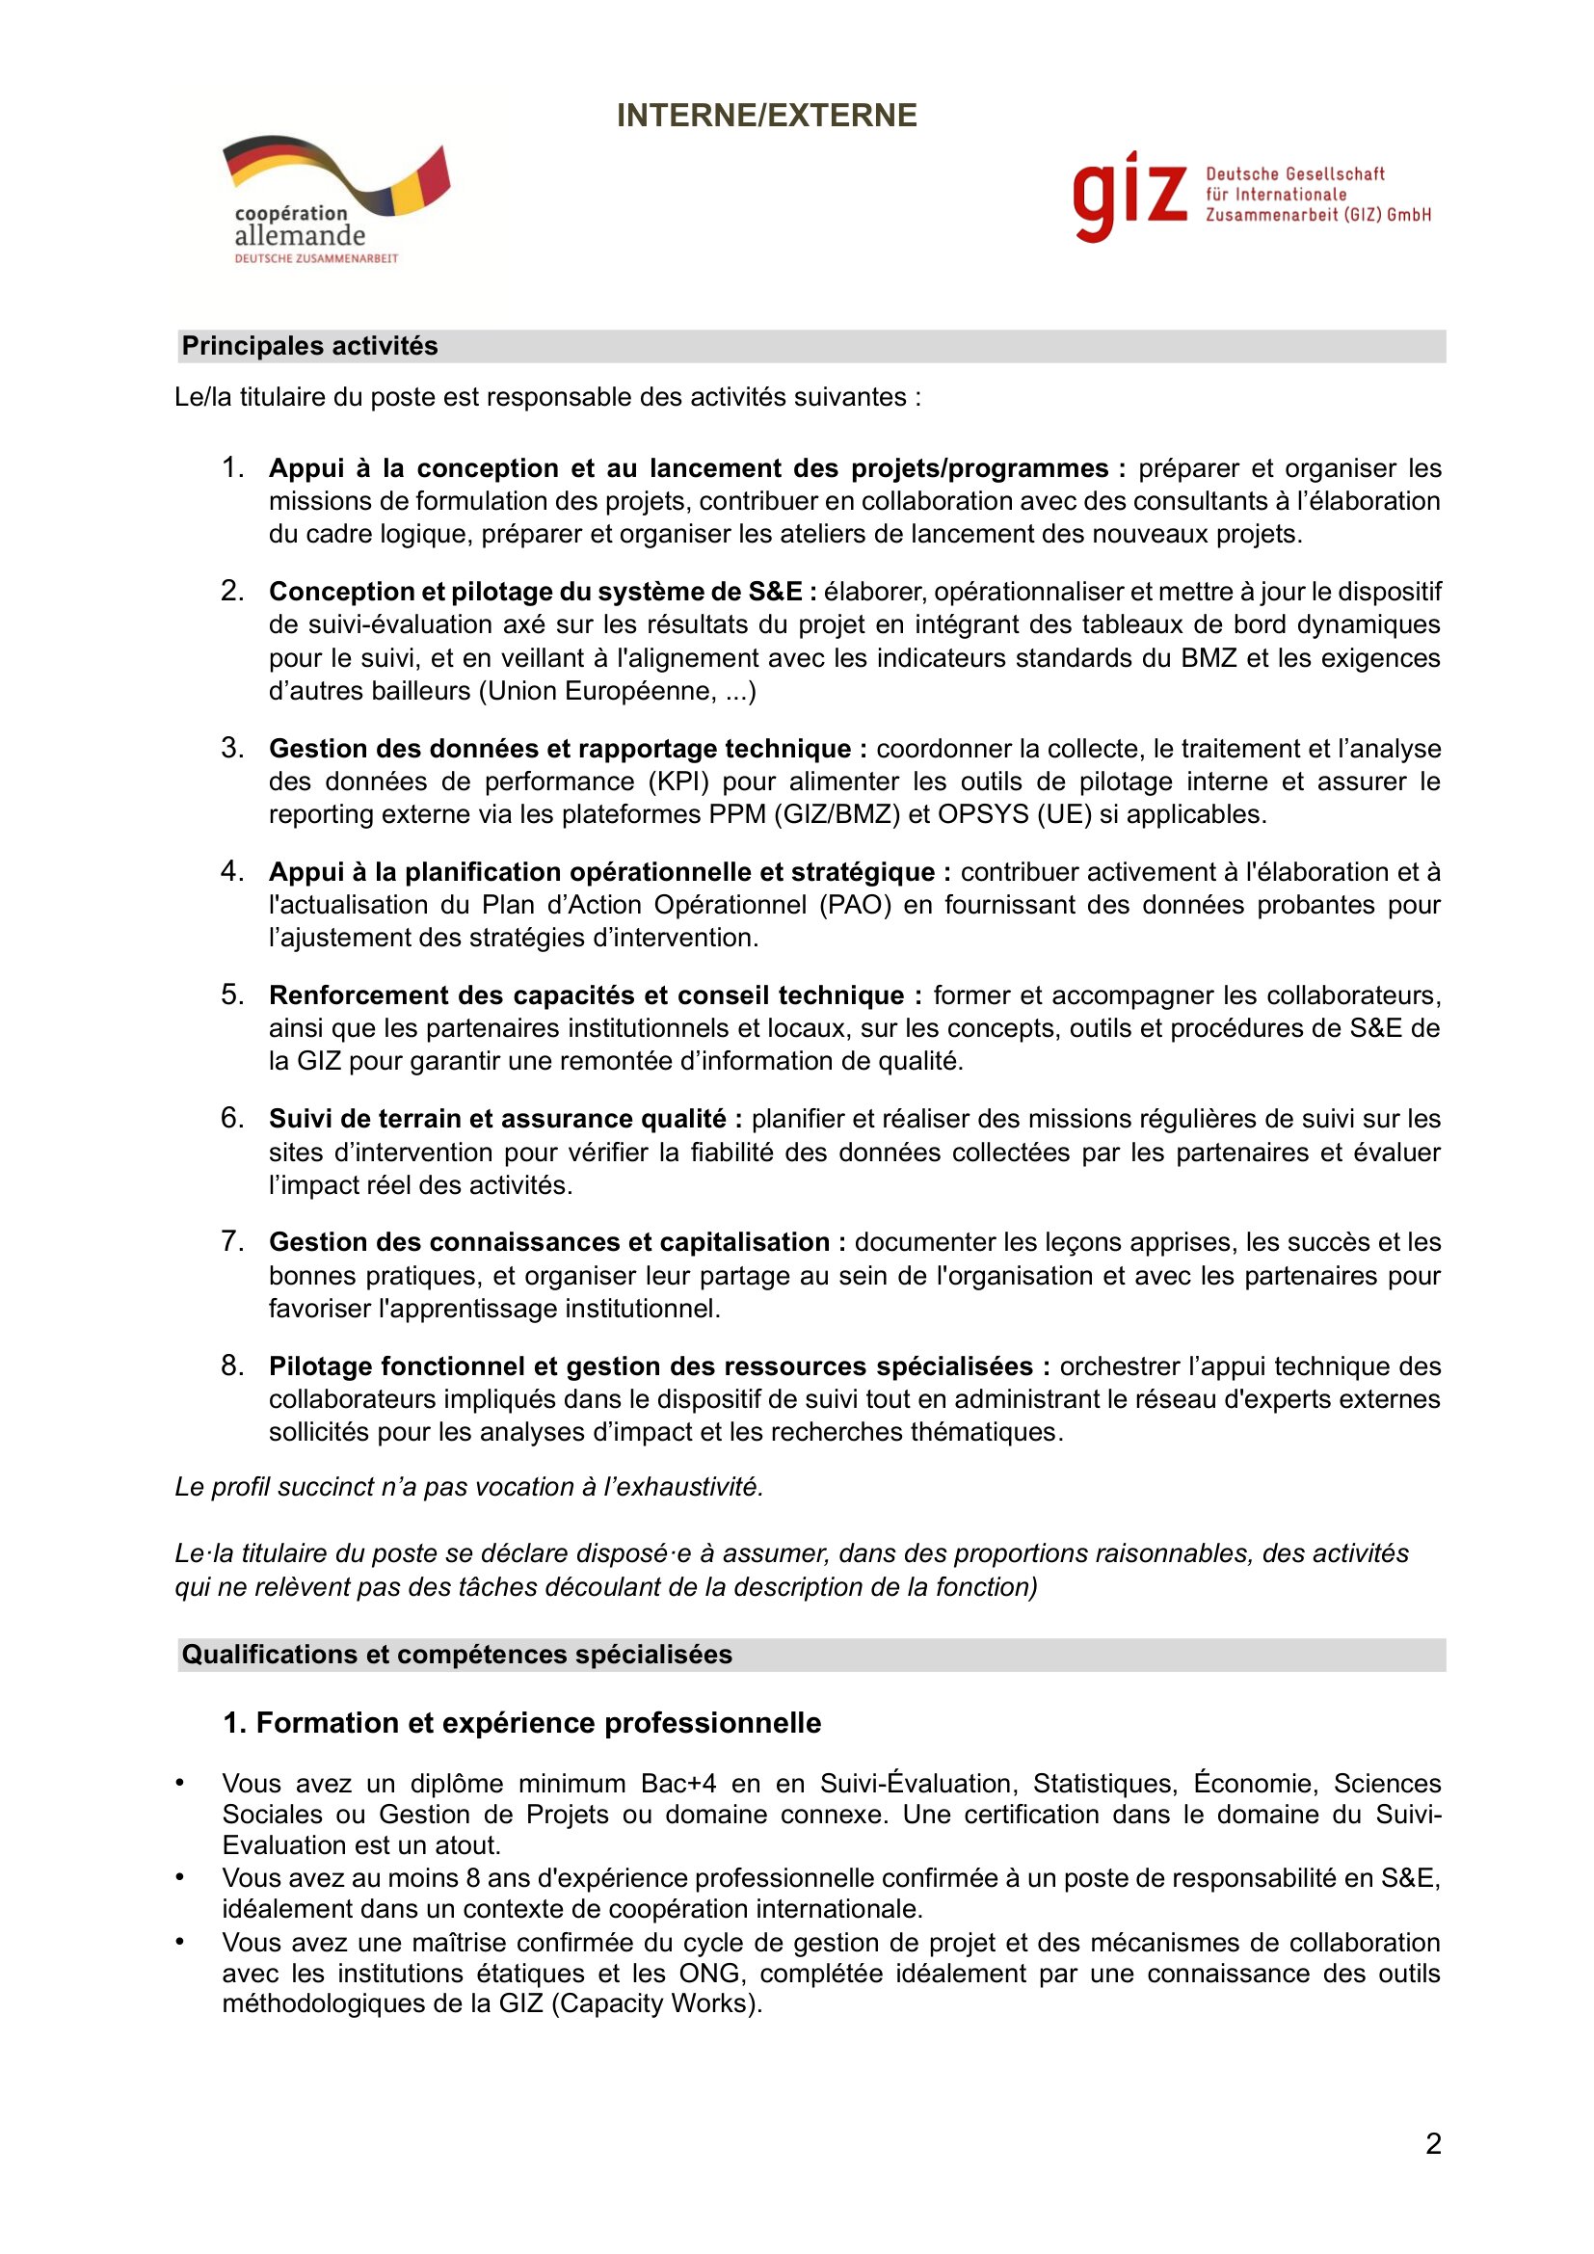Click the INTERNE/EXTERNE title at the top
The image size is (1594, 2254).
pos(766,116)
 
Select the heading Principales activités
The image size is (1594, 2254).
pos(310,347)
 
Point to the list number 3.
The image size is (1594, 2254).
pos(231,748)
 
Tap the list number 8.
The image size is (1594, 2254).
pos(231,1366)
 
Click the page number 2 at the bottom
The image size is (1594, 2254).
pos(1433,2144)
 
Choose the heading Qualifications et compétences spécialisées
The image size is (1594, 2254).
pos(458,1656)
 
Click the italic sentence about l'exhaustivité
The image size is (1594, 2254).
pos(469,1487)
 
